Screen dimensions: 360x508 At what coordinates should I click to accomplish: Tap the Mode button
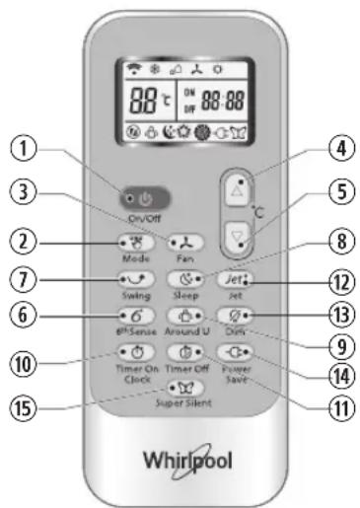pyautogui.click(x=135, y=241)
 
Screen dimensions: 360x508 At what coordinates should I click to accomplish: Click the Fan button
pyautogui.click(x=183, y=241)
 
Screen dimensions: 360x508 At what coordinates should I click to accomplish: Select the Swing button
pyautogui.click(x=135, y=279)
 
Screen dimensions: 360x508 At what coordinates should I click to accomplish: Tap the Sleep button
pyautogui.click(x=183, y=279)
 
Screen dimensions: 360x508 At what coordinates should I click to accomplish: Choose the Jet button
pyautogui.click(x=232, y=279)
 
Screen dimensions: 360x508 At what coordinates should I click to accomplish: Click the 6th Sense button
pyautogui.click(x=135, y=316)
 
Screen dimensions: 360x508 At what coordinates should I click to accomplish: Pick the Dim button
pyautogui.click(x=232, y=316)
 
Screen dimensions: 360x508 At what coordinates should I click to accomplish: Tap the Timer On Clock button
pyautogui.click(x=135, y=352)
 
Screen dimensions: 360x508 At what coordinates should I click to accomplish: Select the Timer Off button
pyautogui.click(x=183, y=352)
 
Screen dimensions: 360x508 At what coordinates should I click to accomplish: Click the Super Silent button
pyautogui.click(x=183, y=389)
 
